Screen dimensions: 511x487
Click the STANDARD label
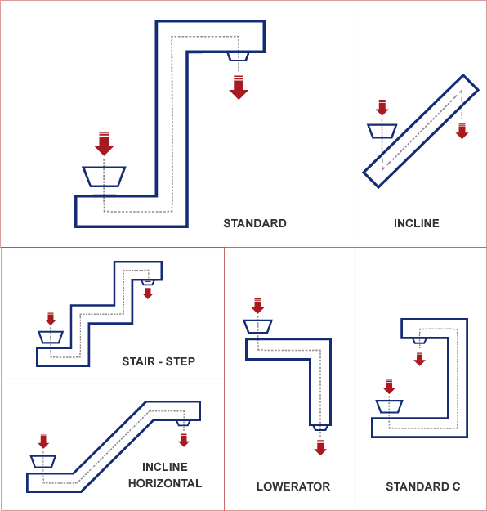[x=255, y=223]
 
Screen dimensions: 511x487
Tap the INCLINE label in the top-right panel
[x=416, y=223]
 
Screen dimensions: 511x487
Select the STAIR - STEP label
[x=159, y=361]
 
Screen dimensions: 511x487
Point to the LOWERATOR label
[x=293, y=486]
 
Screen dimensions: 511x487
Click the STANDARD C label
[x=423, y=486]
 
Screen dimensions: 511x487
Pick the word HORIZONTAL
[x=165, y=483]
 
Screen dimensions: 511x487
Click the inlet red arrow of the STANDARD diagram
[x=103, y=144]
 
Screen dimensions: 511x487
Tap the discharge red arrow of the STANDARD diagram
[x=239, y=87]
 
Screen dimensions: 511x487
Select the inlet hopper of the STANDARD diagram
[x=104, y=176]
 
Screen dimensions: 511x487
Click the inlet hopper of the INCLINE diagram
[x=382, y=131]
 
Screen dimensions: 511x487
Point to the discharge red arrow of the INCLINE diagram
[x=462, y=131]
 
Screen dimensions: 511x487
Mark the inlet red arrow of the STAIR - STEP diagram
[x=51, y=318]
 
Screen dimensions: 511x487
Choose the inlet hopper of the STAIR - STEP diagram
[x=51, y=337]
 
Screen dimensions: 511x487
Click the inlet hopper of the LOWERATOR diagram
[x=257, y=326]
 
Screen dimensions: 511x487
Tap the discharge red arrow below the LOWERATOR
[x=320, y=446]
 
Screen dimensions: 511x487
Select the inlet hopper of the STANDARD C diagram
[x=389, y=406]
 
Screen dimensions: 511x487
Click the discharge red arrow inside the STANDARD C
[x=419, y=357]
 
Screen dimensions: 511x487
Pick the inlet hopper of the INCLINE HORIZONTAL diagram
[x=43, y=460]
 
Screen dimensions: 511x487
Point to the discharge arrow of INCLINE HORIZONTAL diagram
[x=184, y=439]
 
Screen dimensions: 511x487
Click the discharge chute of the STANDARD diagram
[x=238, y=56]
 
